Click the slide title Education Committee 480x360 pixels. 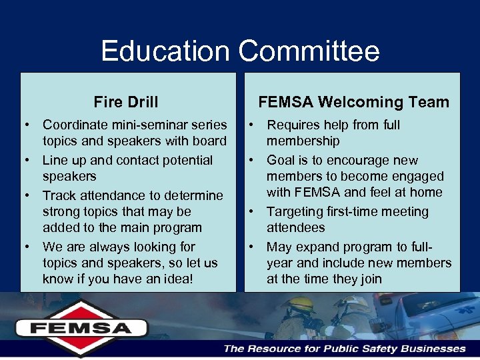240,51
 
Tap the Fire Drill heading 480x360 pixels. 126,102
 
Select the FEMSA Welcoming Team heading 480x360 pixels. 353,102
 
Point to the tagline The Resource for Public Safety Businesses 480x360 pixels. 344,348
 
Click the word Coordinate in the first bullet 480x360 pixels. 74,125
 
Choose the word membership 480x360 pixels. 303,141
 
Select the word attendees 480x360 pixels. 296,227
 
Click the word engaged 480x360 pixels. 419,176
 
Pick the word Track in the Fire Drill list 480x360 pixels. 58,195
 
